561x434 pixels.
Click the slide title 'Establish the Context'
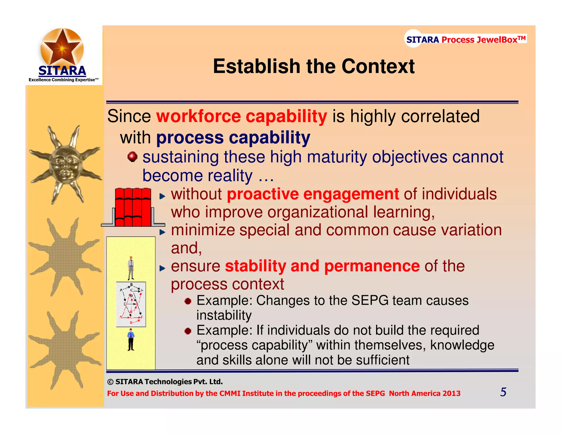pos(314,66)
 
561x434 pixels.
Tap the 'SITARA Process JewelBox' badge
pos(465,40)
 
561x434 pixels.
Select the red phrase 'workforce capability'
pos(242,116)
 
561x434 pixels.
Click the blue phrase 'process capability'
pos(233,137)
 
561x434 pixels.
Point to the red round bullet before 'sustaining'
pos(133,157)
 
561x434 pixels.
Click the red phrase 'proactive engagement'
pos(313,194)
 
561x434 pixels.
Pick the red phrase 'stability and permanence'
pos(322,266)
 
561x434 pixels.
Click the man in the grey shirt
pos(131,268)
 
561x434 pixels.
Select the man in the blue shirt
pos(131,340)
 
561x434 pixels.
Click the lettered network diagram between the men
pos(131,304)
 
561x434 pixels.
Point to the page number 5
pos(503,392)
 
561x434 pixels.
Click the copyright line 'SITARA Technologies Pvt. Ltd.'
pos(165,382)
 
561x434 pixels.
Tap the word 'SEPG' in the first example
pos(370,300)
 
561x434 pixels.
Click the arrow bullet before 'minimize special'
pos(162,232)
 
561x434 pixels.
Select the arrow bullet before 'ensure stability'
pos(162,268)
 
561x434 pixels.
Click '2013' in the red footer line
pos(451,393)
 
